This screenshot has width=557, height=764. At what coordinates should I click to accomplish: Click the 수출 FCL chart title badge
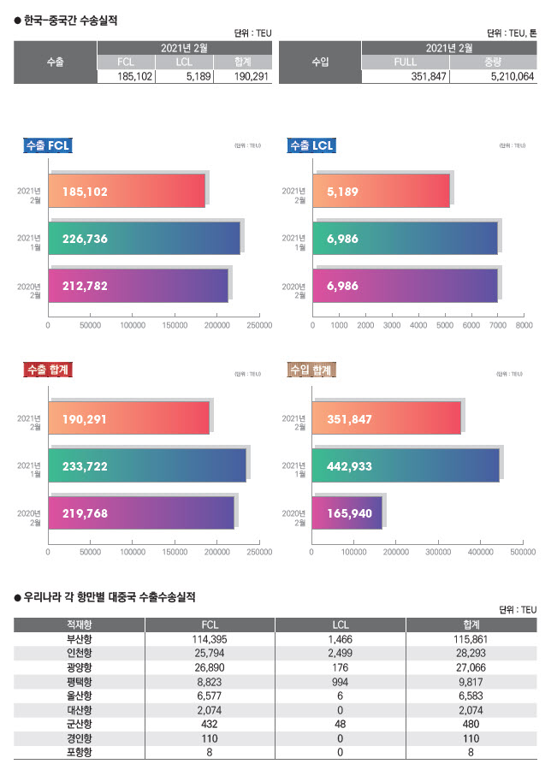pyautogui.click(x=48, y=145)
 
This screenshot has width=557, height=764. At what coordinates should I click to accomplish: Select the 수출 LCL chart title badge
pyautogui.click(x=311, y=145)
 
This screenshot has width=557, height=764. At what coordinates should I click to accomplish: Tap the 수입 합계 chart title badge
pyautogui.click(x=311, y=370)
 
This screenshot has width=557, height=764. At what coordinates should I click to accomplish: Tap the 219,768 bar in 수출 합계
pyautogui.click(x=141, y=512)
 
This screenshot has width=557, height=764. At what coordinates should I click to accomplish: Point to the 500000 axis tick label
pyautogui.click(x=522, y=552)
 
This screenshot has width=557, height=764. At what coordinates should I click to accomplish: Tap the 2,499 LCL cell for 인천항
pyautogui.click(x=340, y=653)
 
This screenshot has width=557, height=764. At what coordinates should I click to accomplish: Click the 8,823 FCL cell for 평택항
pyautogui.click(x=209, y=680)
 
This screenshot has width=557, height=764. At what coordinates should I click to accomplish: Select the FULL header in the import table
pyautogui.click(x=405, y=62)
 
